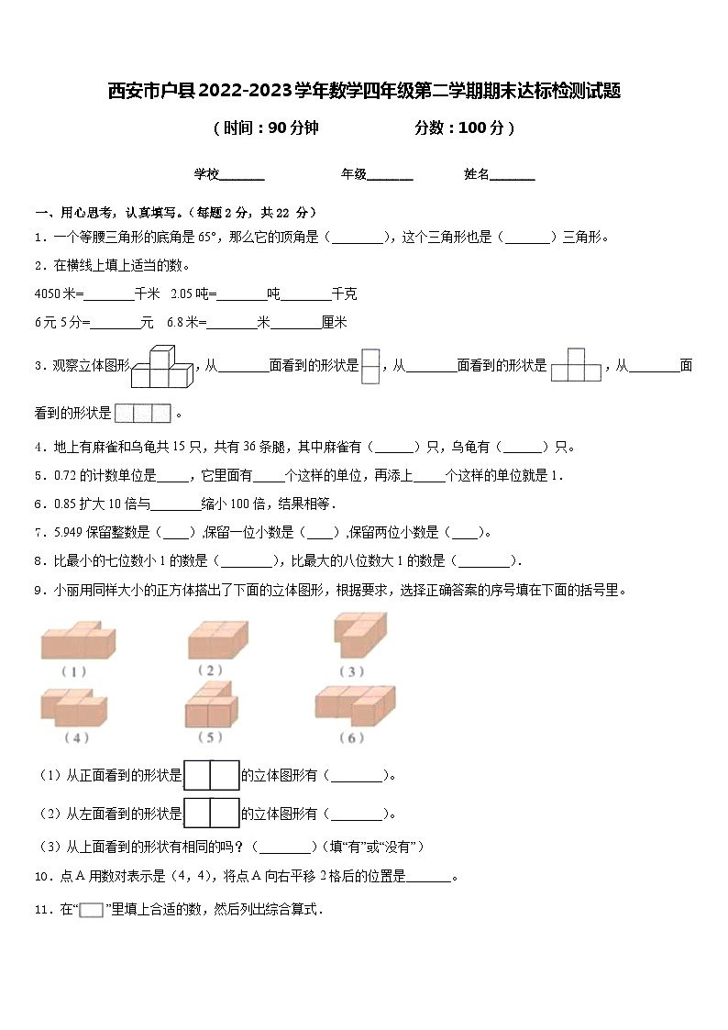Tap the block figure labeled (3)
pyautogui.click(x=360, y=635)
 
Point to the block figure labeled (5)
pyautogui.click(x=212, y=705)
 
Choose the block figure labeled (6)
pyautogui.click(x=356, y=705)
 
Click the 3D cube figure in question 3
pyautogui.click(x=162, y=367)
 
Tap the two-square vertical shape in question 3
pyautogui.click(x=370, y=366)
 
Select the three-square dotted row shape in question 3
pyautogui.click(x=144, y=413)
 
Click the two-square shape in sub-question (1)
pyautogui.click(x=212, y=775)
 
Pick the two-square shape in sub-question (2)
pyautogui.click(x=212, y=813)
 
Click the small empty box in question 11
pyautogui.click(x=91, y=911)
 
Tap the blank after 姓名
pyautogui.click(x=513, y=174)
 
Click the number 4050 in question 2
pyautogui.click(x=46, y=294)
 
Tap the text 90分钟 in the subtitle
pyautogui.click(x=293, y=128)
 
